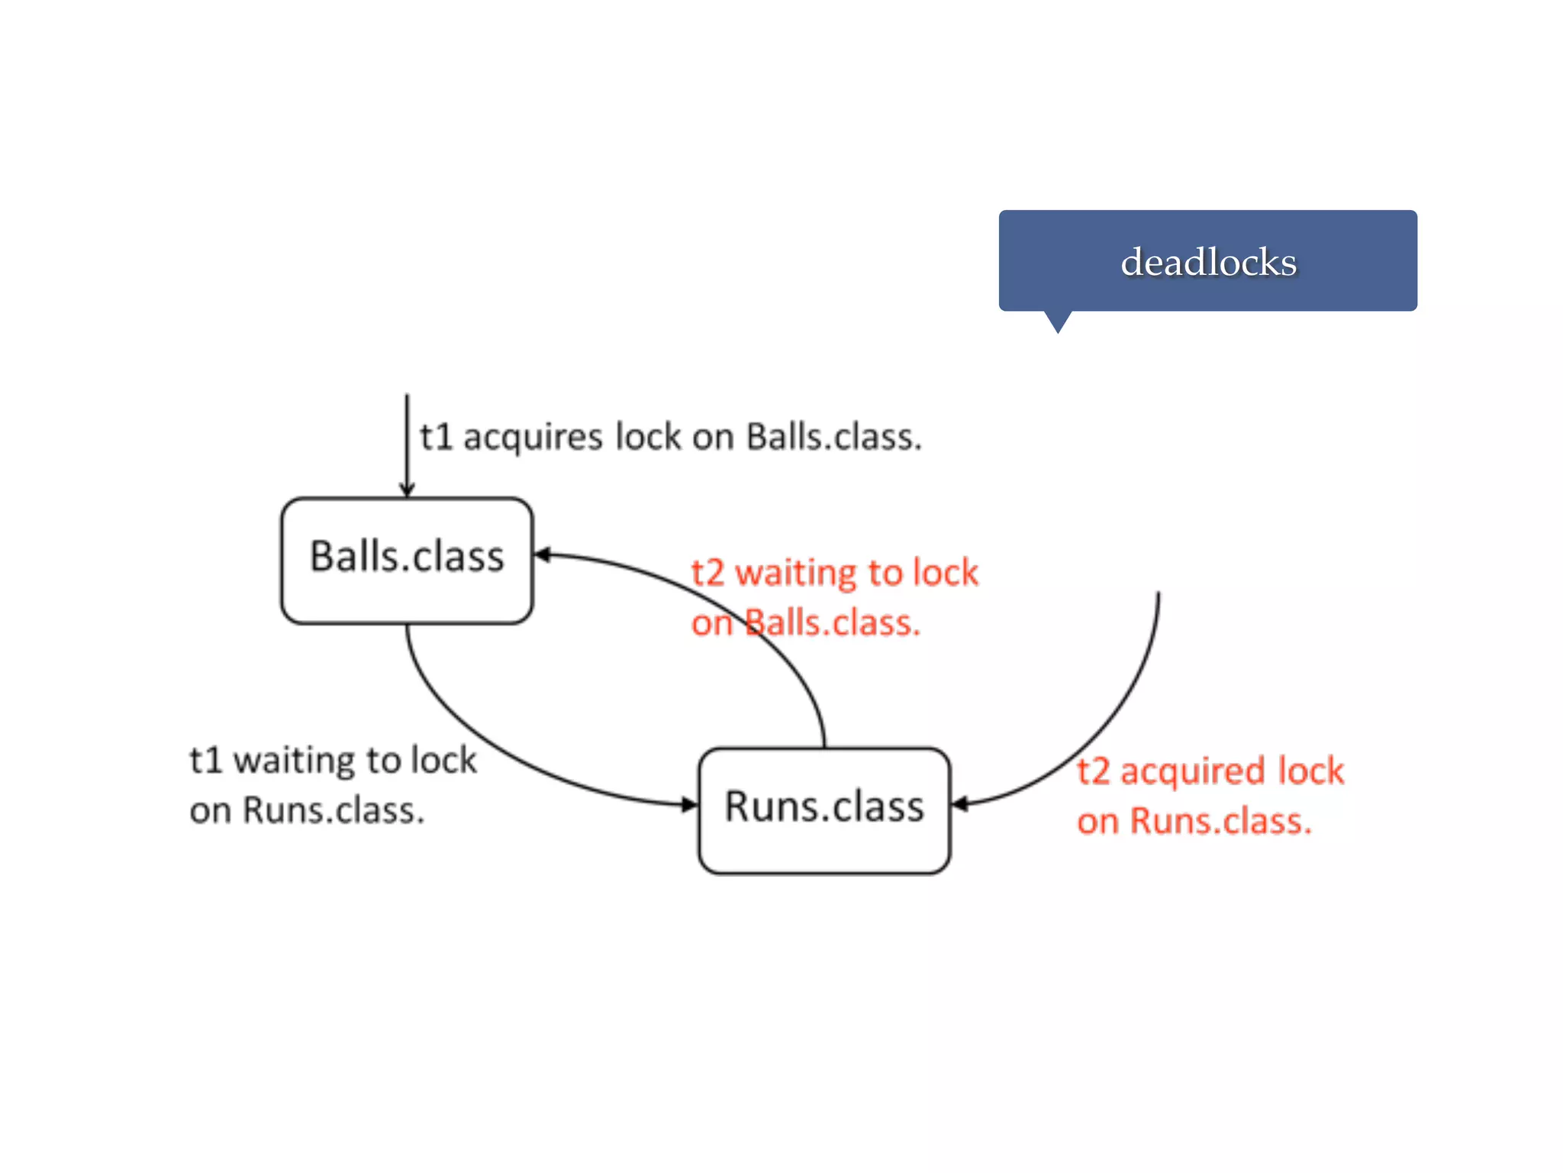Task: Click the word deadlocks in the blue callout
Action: pyautogui.click(x=1208, y=262)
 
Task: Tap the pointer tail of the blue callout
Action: pyautogui.click(x=1058, y=322)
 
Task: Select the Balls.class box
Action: pyautogui.click(x=407, y=560)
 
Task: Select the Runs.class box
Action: pyautogui.click(x=824, y=809)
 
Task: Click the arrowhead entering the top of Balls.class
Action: pyautogui.click(x=407, y=490)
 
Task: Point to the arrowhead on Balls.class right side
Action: pyautogui.click(x=542, y=554)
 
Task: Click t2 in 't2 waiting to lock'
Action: pyautogui.click(x=707, y=573)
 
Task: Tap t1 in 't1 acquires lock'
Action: pyautogui.click(x=436, y=438)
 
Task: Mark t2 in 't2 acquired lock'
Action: pyautogui.click(x=1093, y=771)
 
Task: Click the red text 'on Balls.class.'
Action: pyautogui.click(x=806, y=623)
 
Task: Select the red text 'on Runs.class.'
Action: pyautogui.click(x=1194, y=822)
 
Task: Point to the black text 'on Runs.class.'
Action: pyautogui.click(x=307, y=810)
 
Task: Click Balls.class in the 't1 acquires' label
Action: pyautogui.click(x=833, y=438)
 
